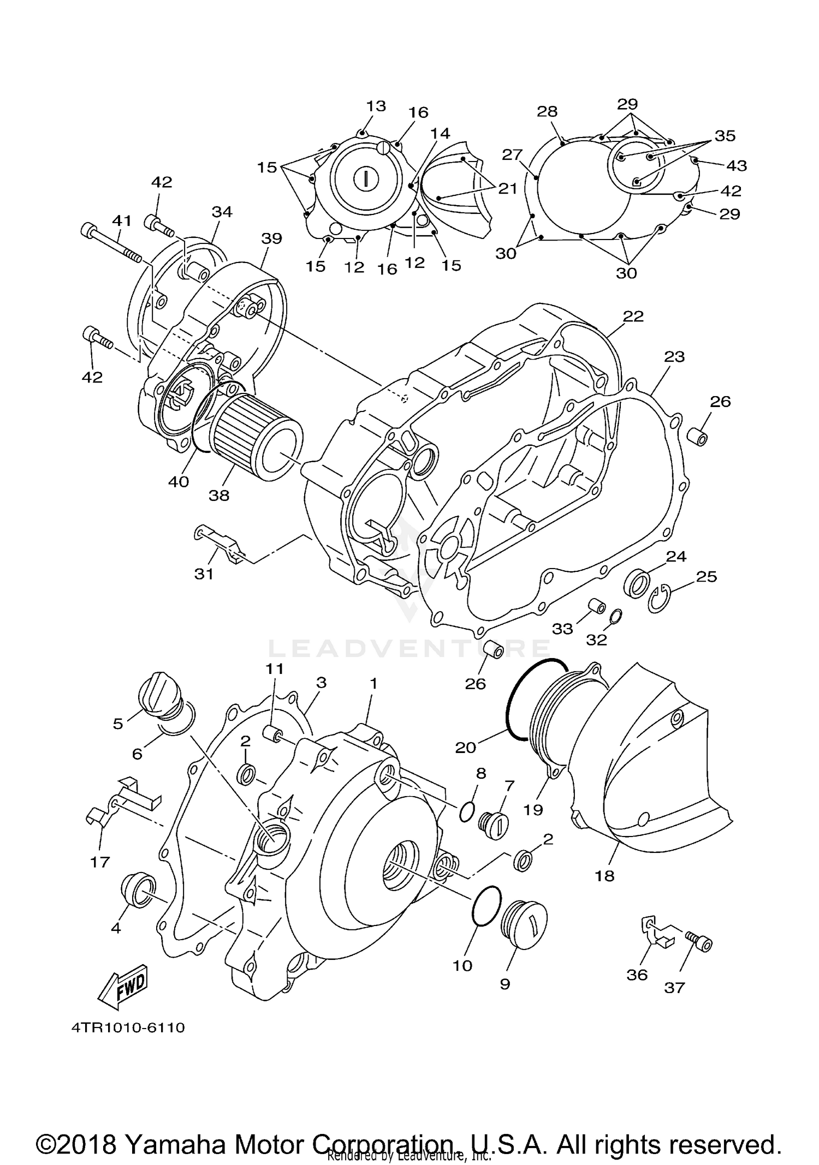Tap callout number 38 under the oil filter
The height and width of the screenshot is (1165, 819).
point(219,495)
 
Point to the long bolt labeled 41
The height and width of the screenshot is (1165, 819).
point(112,243)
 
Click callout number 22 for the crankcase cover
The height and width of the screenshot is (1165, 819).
point(633,316)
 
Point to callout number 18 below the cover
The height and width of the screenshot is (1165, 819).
point(605,876)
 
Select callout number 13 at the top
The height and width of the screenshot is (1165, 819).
point(376,106)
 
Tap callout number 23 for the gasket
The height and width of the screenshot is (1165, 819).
point(674,357)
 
